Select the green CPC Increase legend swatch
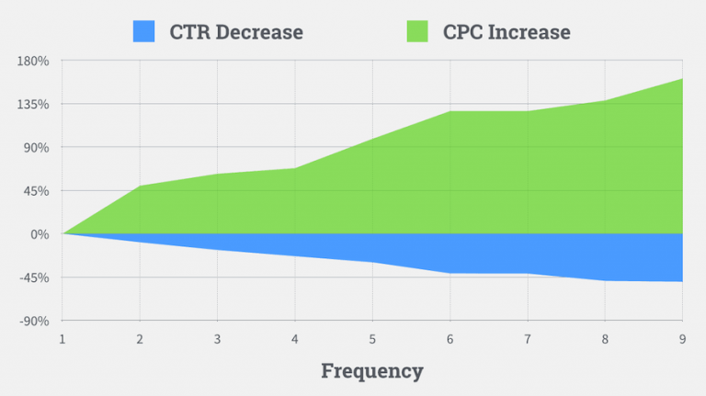[x=416, y=31]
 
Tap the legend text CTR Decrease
[x=236, y=32]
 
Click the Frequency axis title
[x=371, y=371]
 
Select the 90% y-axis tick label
[x=38, y=147]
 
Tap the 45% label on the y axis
[x=38, y=191]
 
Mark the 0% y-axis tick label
[x=40, y=234]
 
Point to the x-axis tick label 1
[x=63, y=339]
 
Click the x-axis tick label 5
[x=372, y=339]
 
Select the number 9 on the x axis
[x=682, y=339]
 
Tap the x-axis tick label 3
[x=217, y=339]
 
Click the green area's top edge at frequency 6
[x=450, y=111]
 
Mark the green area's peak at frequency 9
[x=682, y=79]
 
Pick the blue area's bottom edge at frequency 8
[x=605, y=280]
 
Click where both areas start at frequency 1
[x=63, y=233]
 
